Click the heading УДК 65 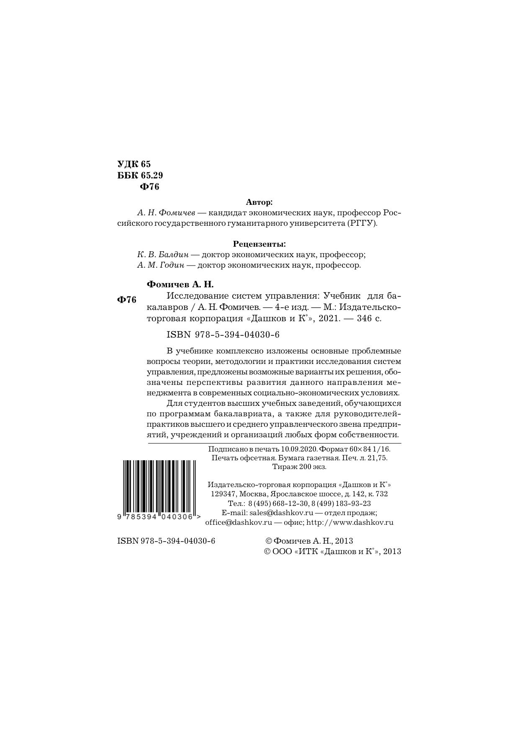point(134,164)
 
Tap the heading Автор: point(259,202)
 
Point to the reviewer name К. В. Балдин point(163,255)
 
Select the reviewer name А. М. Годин point(163,265)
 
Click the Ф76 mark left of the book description point(127,300)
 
